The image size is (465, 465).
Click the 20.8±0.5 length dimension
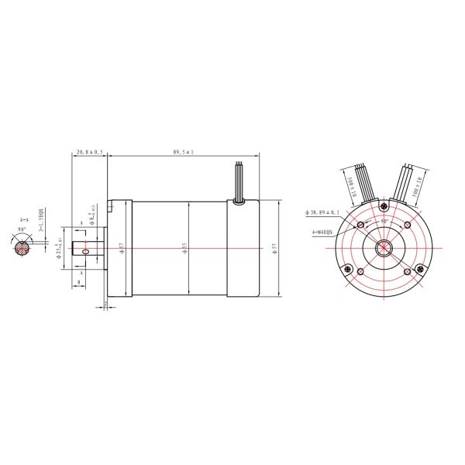[x=91, y=153]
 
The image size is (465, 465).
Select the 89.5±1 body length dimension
[x=183, y=153]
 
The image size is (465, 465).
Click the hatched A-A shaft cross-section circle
[x=23, y=247]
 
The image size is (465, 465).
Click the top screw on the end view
[x=384, y=206]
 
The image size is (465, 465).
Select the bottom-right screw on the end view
[x=419, y=269]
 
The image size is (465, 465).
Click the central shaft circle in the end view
[x=384, y=248]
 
